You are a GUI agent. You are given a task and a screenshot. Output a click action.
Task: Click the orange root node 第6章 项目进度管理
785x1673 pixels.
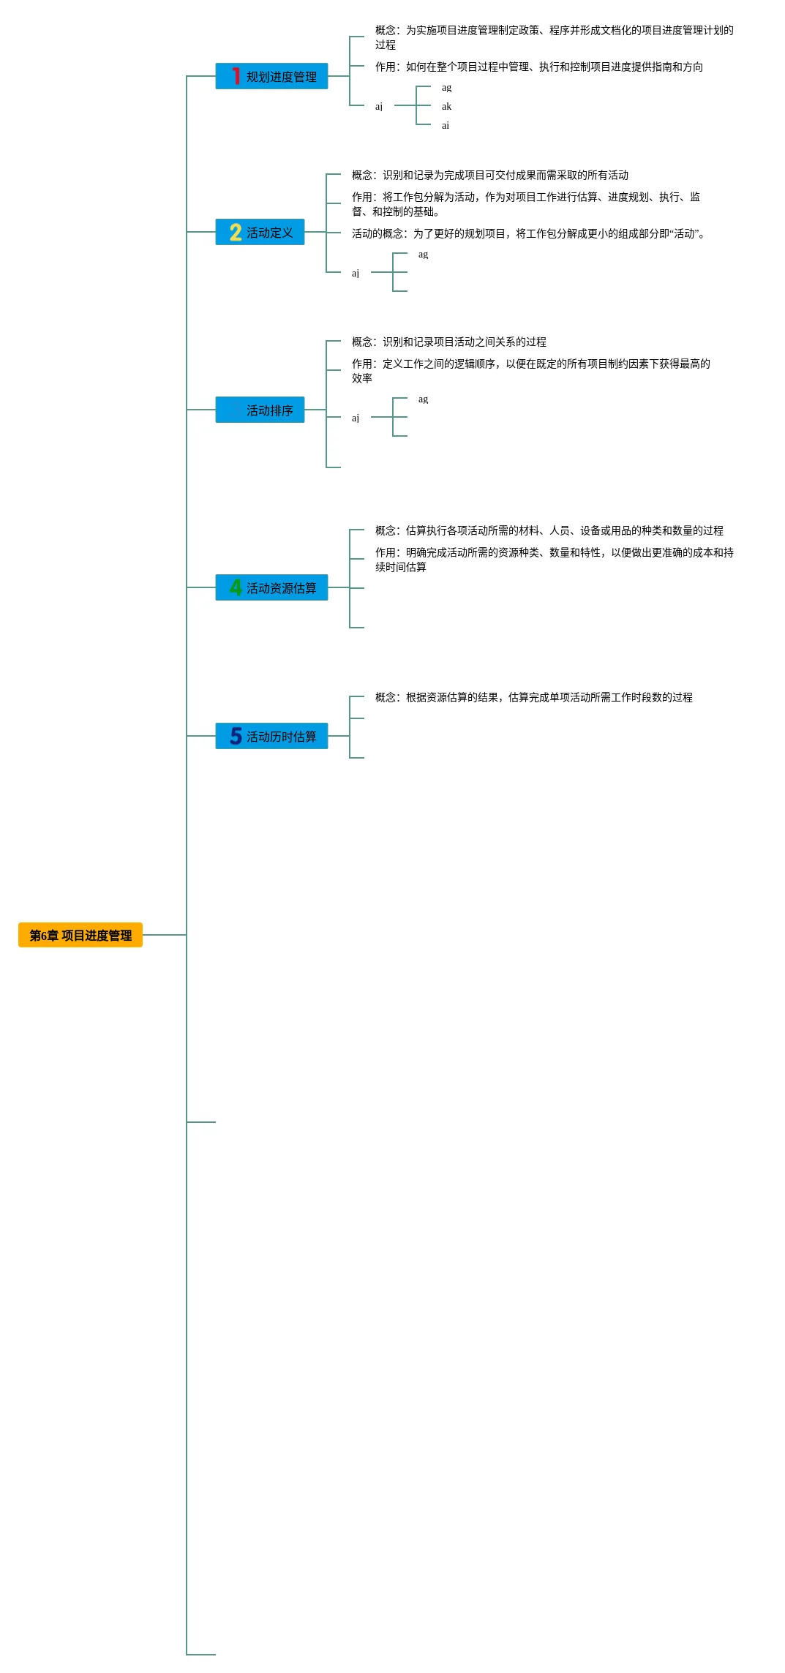coord(80,935)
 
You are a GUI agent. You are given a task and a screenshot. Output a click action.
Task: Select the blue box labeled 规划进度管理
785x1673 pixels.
coord(271,76)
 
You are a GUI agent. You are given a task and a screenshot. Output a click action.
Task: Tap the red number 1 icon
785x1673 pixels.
coord(236,76)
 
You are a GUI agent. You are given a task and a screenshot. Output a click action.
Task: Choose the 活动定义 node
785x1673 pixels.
coord(260,232)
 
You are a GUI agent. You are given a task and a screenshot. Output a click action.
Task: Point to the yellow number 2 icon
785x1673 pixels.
coord(236,232)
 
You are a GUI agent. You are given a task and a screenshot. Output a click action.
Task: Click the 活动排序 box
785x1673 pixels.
coord(260,410)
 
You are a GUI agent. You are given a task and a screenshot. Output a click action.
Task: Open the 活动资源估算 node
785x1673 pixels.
coord(271,587)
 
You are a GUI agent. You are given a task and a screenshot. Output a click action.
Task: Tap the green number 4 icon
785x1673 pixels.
coord(236,587)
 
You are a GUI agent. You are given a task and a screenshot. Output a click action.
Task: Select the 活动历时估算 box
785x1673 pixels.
coord(271,736)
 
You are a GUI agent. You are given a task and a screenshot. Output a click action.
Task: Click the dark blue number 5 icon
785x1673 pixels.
coord(236,736)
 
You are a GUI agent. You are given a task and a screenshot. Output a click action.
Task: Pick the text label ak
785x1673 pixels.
coord(446,106)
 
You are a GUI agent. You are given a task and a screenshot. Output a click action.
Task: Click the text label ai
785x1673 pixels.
coord(446,125)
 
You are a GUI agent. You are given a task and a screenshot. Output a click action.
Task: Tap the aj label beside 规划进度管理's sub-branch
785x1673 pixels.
coord(379,106)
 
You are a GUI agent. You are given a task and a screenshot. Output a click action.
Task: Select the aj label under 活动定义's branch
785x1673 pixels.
coord(356,273)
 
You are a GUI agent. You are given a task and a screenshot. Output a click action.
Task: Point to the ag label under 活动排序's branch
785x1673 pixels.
coord(423,399)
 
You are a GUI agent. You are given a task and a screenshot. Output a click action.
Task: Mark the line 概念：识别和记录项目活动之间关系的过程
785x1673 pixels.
coord(448,342)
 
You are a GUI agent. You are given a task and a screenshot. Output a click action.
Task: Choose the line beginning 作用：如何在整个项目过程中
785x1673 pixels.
coord(538,67)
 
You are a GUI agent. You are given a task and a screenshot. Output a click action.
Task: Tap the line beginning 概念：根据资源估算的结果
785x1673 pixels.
coord(533,697)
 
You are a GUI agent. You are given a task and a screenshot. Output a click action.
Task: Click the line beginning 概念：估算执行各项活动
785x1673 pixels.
coord(549,530)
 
